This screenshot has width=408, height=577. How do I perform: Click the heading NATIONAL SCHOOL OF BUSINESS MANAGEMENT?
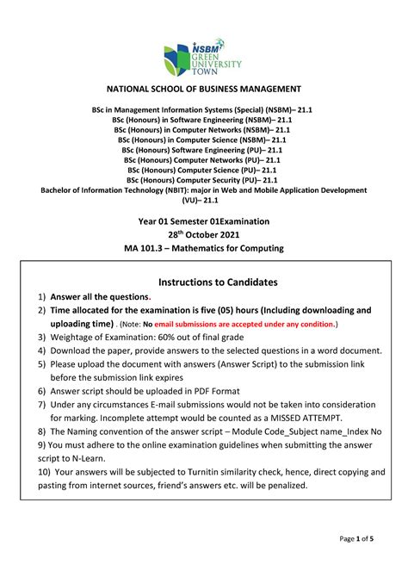coord(203,90)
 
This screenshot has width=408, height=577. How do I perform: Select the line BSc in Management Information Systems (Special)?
coord(203,110)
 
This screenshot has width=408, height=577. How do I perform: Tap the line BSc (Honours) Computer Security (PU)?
coord(203,180)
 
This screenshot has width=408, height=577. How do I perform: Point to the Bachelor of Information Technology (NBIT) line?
coord(203,190)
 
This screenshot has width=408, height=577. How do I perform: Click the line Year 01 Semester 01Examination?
coord(203,221)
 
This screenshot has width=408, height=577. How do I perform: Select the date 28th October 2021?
coord(203,234)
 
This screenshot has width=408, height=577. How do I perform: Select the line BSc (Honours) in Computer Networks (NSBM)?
coord(203,130)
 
